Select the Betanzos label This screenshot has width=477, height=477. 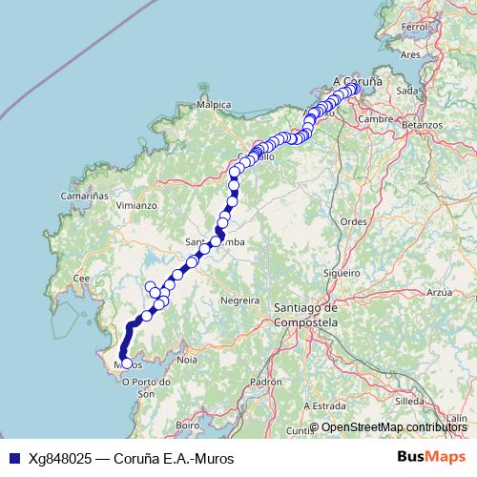(423, 125)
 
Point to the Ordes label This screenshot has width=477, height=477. (354, 221)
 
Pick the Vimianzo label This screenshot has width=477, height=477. (135, 205)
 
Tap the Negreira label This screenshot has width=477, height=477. (239, 300)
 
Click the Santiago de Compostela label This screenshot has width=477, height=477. (305, 316)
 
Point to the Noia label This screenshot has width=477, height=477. (187, 360)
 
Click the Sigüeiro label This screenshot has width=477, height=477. (341, 273)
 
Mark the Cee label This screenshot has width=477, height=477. (81, 278)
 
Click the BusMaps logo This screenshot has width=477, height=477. (430, 458)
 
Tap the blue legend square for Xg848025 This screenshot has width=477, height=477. (13, 458)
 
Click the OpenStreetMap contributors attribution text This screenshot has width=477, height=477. (394, 426)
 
